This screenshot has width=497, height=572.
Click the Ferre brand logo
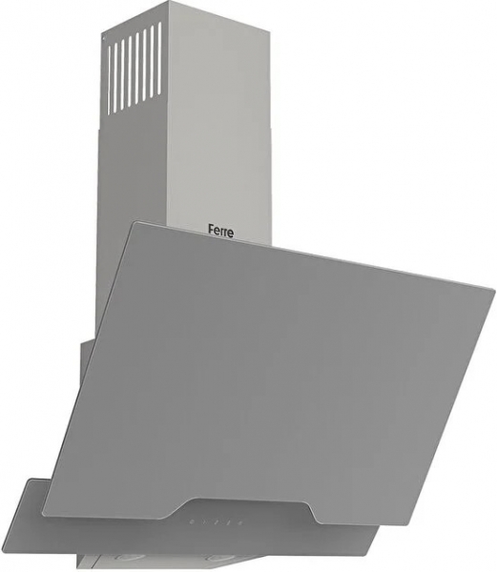click(x=220, y=232)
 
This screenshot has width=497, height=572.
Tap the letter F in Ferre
click(x=211, y=230)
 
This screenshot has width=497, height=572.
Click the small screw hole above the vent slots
click(x=104, y=36)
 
